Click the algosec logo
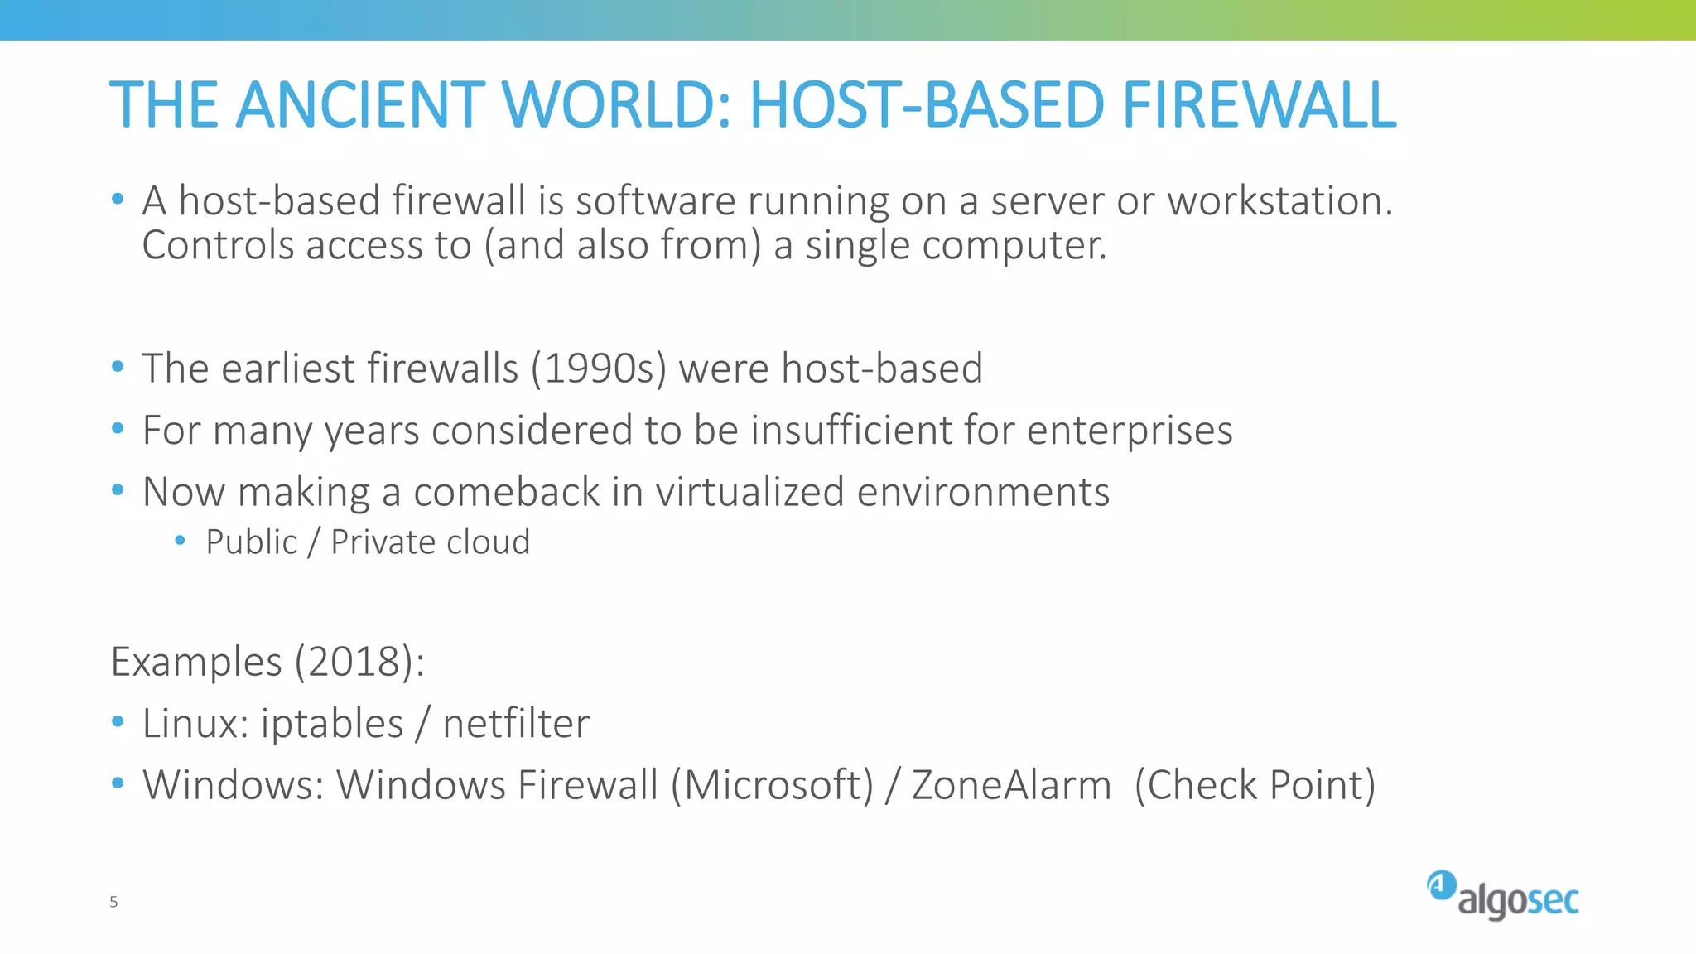click(1502, 896)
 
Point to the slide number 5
click(113, 902)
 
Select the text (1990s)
click(599, 369)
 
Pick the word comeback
click(507, 492)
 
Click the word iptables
click(332, 724)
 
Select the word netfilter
click(516, 724)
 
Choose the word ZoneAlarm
click(1011, 785)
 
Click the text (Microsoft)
click(772, 785)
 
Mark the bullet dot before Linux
click(118, 722)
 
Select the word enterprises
click(1130, 431)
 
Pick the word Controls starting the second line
click(218, 246)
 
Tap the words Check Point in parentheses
click(1255, 785)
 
